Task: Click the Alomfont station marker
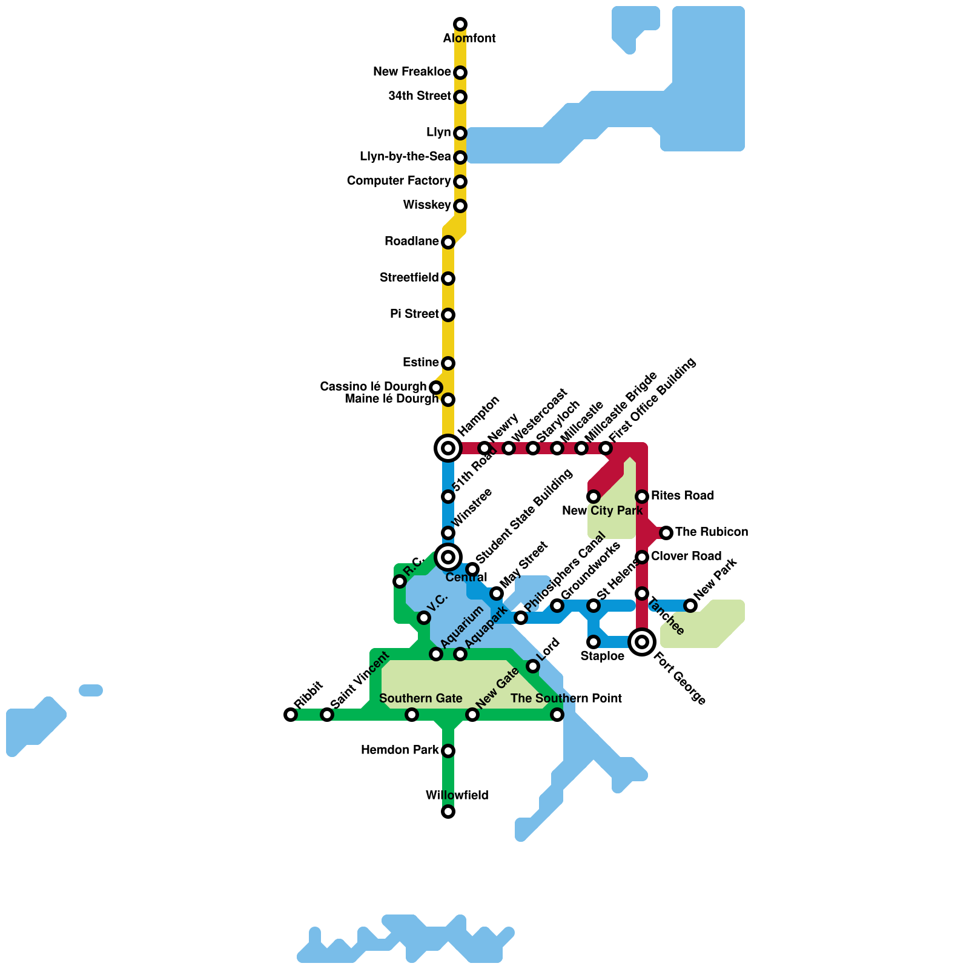tap(460, 24)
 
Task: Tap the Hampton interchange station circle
tap(448, 448)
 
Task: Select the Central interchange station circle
tap(448, 557)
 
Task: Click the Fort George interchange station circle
tap(642, 642)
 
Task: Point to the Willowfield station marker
tap(448, 812)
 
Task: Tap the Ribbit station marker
tap(291, 715)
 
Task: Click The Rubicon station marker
tap(666, 533)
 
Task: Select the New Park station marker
tap(690, 605)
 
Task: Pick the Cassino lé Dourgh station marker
tap(436, 387)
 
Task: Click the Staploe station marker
tap(594, 641)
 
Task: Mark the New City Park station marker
tap(594, 497)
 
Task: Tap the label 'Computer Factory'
tap(399, 181)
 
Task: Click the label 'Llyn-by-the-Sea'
tap(405, 157)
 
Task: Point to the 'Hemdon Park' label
tap(400, 750)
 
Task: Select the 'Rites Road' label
tap(683, 496)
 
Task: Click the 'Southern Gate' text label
tap(421, 698)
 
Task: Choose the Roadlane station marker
tap(448, 242)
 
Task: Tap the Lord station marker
tap(533, 666)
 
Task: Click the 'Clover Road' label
tap(686, 557)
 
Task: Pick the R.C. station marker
tap(400, 581)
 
